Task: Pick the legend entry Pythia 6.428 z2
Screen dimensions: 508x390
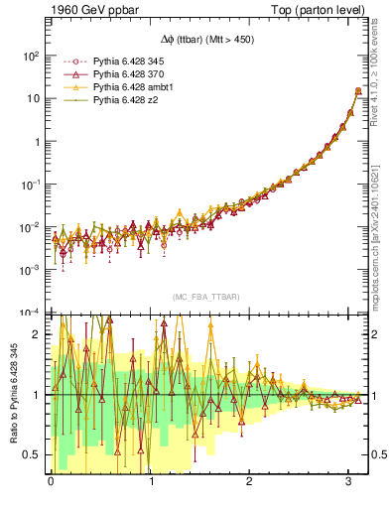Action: pos(115,101)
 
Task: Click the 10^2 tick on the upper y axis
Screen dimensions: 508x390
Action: pos(30,56)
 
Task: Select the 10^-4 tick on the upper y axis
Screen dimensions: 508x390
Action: pos(30,312)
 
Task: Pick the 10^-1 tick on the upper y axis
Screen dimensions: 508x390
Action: pos(30,184)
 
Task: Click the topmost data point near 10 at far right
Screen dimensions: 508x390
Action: pos(357,91)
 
